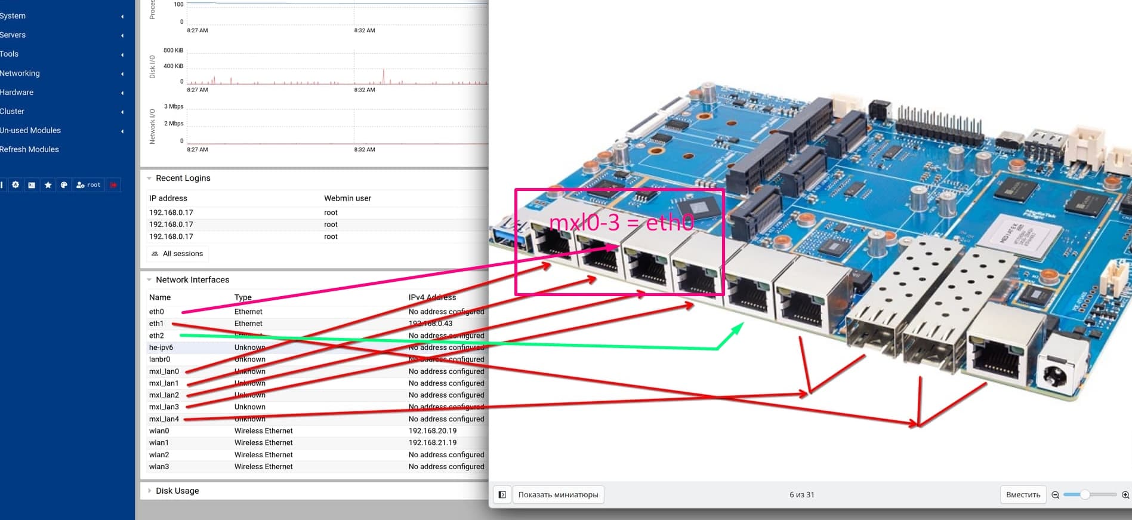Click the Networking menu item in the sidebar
click(x=20, y=73)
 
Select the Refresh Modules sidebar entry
click(x=29, y=149)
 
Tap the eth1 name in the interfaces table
click(x=156, y=324)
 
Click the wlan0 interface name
click(x=159, y=430)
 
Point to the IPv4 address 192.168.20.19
click(x=433, y=430)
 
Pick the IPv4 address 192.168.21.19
click(x=433, y=442)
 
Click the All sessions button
click(x=177, y=254)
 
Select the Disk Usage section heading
click(x=177, y=491)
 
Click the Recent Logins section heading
click(x=183, y=178)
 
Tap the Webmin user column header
click(x=347, y=198)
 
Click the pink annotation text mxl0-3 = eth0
click(x=621, y=223)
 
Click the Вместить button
click(x=1023, y=494)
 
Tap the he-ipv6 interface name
click(x=161, y=347)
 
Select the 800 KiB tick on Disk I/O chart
click(x=174, y=50)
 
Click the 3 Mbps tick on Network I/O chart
click(x=174, y=106)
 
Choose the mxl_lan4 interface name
click(x=164, y=419)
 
